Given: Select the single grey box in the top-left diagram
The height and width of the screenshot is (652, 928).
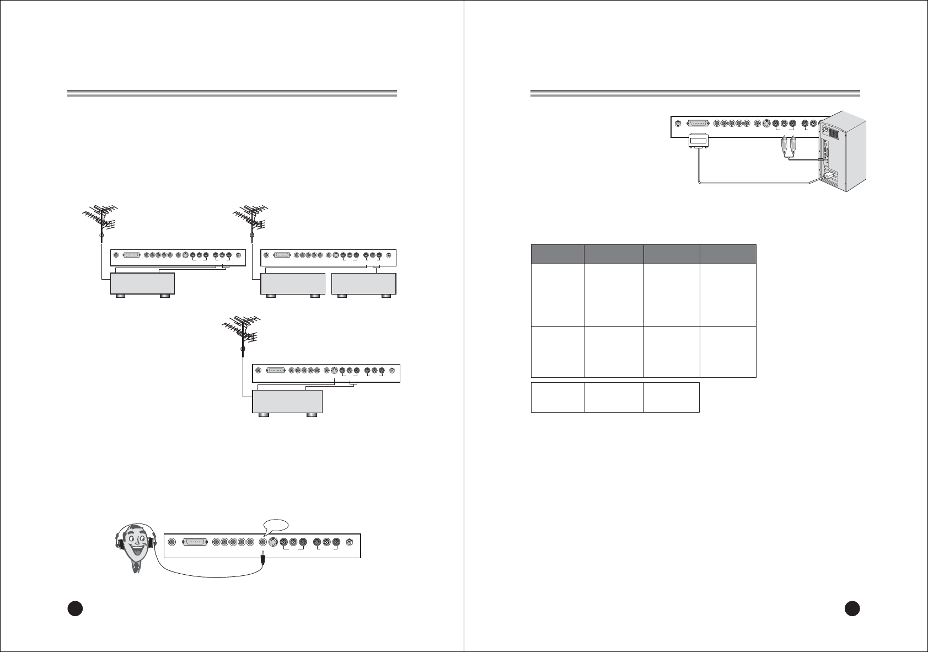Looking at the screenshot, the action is click(143, 283).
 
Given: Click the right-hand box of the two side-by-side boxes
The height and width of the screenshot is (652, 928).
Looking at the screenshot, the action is click(364, 283).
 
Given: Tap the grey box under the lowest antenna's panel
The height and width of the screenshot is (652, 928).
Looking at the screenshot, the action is click(287, 400).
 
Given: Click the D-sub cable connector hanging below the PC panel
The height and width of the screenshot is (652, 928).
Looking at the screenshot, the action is click(699, 142).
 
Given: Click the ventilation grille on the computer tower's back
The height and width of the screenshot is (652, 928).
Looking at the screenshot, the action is click(834, 131).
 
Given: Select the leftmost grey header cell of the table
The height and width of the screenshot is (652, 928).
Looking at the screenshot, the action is click(557, 254).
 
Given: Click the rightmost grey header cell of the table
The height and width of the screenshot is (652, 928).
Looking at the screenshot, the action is click(728, 254).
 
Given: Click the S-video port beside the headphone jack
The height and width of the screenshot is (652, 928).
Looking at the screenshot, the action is click(272, 542).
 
